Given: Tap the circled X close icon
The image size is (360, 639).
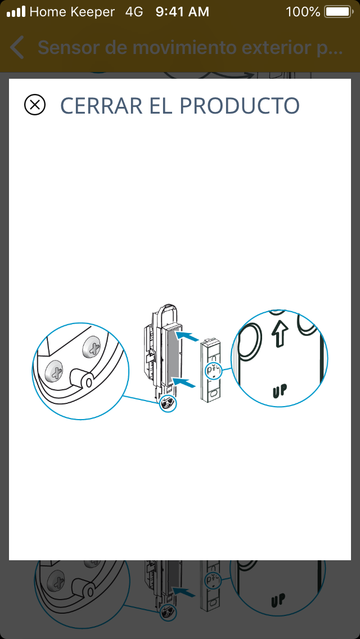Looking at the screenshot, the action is coord(35,105).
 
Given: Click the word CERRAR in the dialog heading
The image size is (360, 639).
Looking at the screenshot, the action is coord(101,106).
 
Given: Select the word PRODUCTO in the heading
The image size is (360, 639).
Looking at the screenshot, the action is coord(239,106).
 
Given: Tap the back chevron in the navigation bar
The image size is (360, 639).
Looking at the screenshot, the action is coord(17,48).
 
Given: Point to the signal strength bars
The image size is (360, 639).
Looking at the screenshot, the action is coord(16,11).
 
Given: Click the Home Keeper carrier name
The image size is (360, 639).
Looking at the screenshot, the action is coord(72,12).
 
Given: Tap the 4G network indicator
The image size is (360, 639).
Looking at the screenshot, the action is coord(134,12).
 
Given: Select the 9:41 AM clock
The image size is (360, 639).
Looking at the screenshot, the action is coord(182,12).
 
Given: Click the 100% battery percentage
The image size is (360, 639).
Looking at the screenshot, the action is coord(303,12).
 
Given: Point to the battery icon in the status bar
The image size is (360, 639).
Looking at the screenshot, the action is coord(339,12).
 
